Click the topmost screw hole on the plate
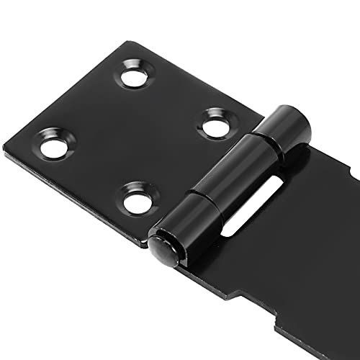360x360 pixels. click(137, 75)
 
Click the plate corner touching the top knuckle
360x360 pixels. click(260, 115)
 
